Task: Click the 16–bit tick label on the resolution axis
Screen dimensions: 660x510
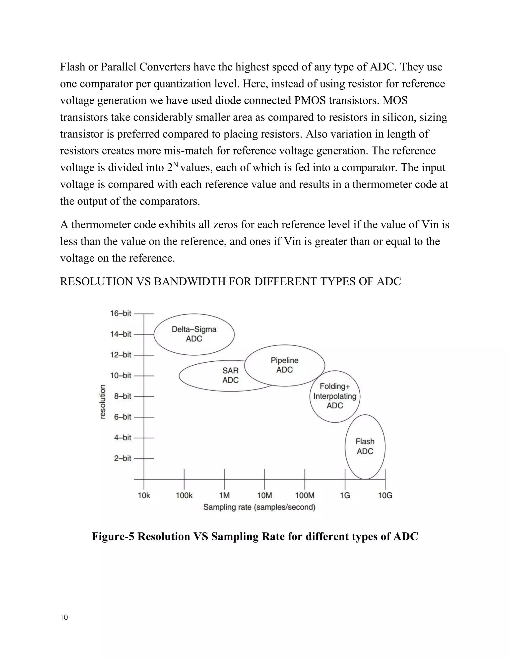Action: coord(121,313)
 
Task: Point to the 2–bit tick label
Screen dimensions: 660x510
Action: coord(122,459)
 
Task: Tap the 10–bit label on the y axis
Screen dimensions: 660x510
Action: coord(121,376)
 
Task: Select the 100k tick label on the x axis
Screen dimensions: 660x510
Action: coord(184,496)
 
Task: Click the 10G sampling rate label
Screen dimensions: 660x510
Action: coord(385,496)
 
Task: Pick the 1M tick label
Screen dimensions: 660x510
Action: coord(224,496)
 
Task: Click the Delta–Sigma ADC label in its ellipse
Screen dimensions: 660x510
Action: coord(194,334)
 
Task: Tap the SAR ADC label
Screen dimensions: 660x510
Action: coord(230,375)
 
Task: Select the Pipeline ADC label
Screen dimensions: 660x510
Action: coord(284,365)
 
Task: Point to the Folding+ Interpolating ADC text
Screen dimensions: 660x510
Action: coord(335,396)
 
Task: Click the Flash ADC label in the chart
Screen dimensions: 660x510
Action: coord(365,446)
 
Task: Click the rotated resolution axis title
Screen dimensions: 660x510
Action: coord(103,402)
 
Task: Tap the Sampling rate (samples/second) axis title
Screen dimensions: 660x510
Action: coord(259,507)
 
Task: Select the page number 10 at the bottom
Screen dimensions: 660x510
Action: coord(64,617)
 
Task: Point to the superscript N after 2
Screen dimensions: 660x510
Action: coord(176,165)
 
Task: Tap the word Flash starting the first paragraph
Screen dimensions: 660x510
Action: coord(72,67)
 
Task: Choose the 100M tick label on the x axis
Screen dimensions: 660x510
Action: coord(305,496)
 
